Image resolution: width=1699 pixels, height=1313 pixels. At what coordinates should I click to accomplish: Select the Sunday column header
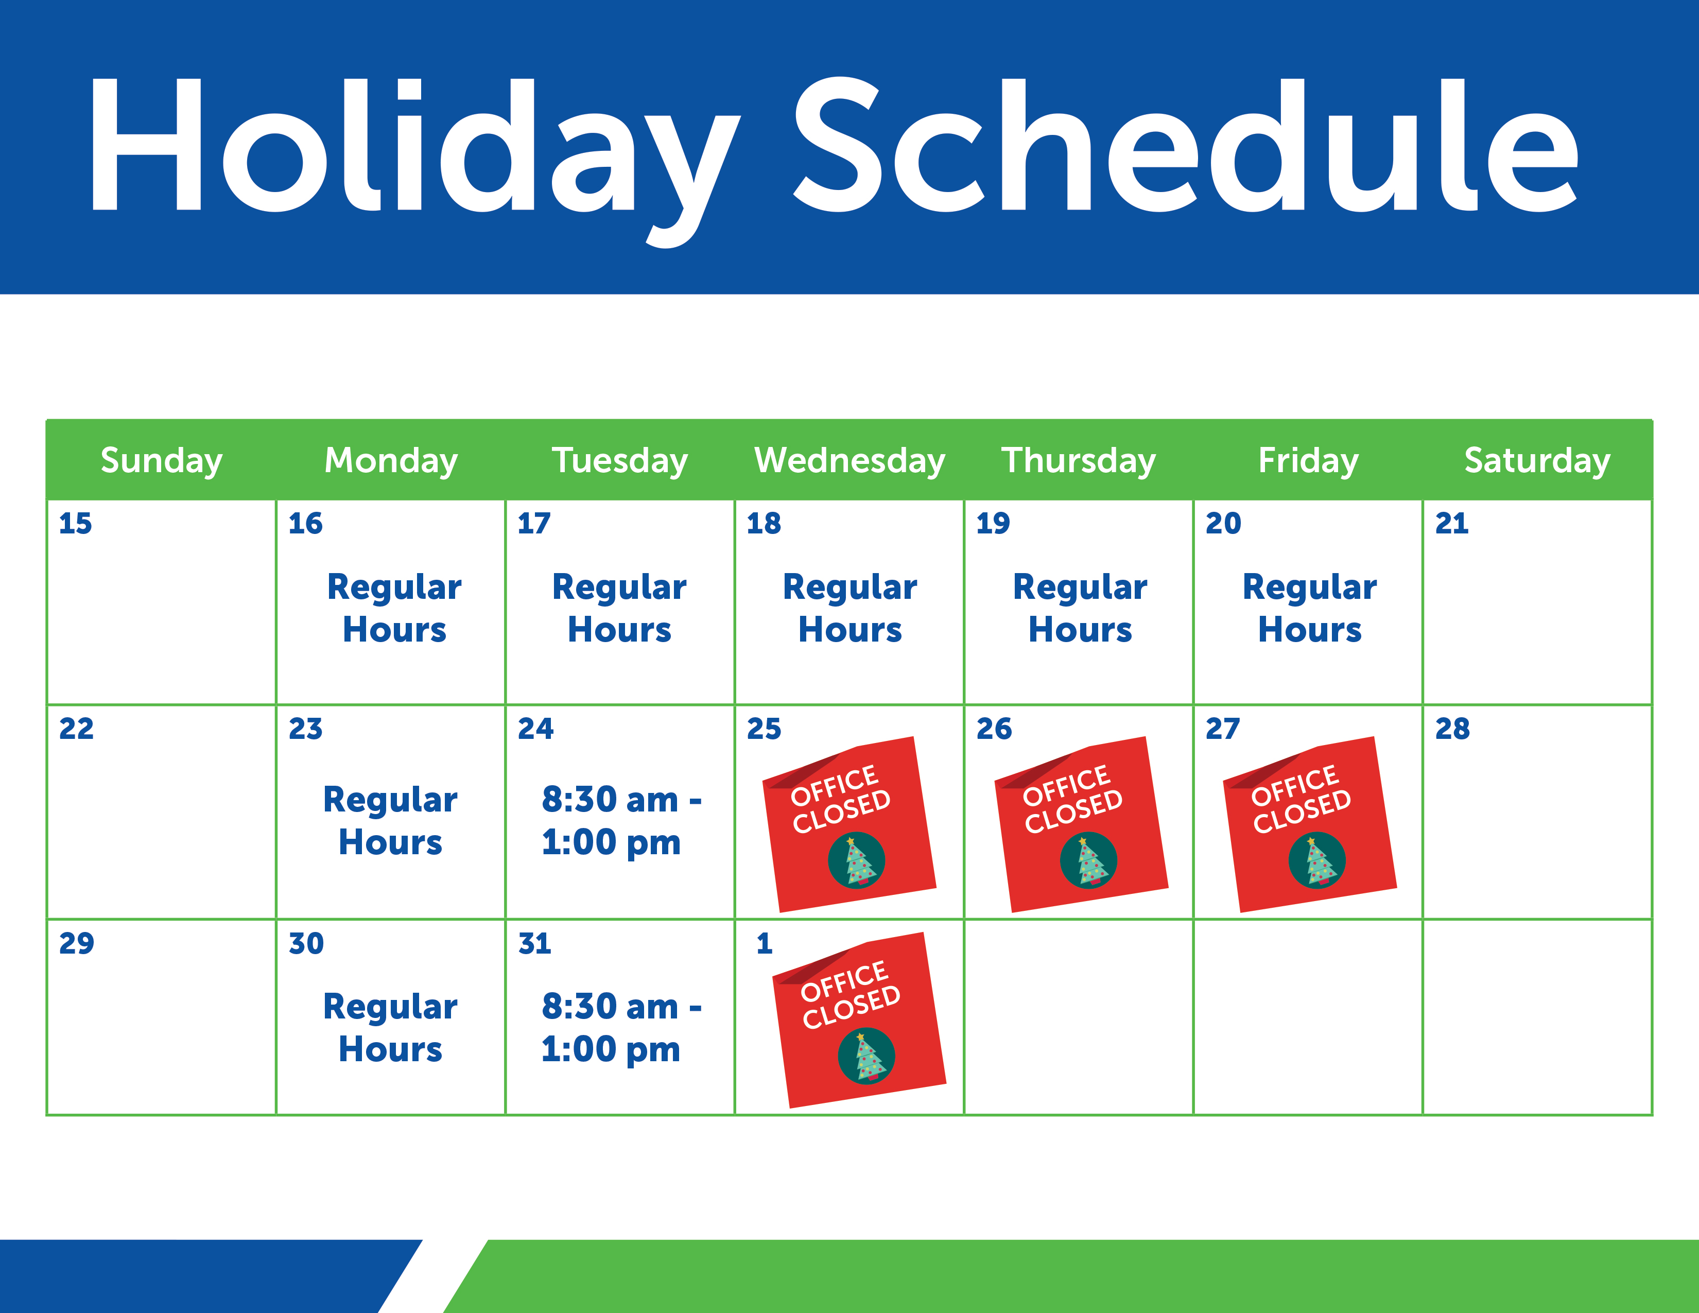(x=162, y=460)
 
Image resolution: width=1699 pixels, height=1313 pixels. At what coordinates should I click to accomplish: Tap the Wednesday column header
(x=850, y=460)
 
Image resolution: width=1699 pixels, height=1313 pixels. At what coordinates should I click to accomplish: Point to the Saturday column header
(x=1537, y=460)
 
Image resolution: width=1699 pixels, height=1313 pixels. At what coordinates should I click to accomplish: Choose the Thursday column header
(x=1078, y=460)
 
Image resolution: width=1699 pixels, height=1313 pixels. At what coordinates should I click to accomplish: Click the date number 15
(x=76, y=524)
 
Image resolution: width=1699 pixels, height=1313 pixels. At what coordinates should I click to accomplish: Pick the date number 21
(x=1452, y=524)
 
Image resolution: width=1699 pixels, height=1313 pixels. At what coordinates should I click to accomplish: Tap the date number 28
(x=1452, y=729)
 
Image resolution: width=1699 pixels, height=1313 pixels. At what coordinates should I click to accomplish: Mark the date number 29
(x=76, y=943)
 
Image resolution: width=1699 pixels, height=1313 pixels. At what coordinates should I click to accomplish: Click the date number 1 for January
(x=765, y=943)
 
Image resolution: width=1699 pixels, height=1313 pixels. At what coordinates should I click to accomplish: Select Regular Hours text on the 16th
(x=394, y=608)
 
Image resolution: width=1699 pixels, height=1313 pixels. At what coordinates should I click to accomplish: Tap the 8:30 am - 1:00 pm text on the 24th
(x=621, y=821)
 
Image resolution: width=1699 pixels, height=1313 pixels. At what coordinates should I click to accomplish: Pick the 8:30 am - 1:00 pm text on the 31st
(x=621, y=1028)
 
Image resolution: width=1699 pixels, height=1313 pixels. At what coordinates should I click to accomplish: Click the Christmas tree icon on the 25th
(x=857, y=860)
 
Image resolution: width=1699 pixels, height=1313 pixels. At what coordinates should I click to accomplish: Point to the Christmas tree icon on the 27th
(x=1317, y=860)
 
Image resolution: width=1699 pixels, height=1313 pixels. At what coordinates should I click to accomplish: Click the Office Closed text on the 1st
(x=851, y=995)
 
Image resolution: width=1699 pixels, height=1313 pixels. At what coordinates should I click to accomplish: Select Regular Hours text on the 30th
(x=391, y=1028)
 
